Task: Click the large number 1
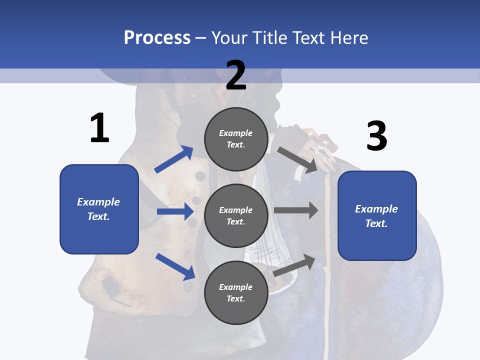99,128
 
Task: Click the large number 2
236,75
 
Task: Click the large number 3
376,136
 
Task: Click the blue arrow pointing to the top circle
174,159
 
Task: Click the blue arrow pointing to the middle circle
175,211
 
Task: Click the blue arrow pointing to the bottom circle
175,266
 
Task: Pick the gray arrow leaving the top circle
297,159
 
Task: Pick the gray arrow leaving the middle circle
296,210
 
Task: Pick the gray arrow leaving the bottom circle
294,265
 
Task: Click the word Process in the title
157,37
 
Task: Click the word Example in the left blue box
98,202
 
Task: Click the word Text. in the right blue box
376,223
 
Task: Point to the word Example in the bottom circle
236,287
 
